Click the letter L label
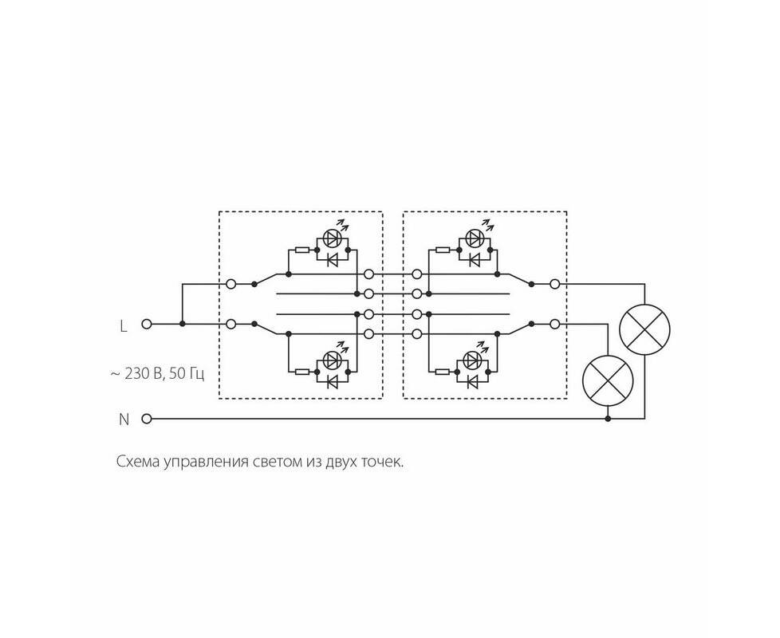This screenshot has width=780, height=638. [124, 326]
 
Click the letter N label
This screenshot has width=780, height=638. [124, 419]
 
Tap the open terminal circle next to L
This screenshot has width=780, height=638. [146, 324]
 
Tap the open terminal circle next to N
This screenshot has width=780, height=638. [146, 419]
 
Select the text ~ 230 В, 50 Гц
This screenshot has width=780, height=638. [157, 374]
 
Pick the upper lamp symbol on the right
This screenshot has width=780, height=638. [644, 329]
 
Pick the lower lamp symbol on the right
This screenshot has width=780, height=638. [608, 381]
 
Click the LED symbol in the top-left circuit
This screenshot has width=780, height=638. [332, 238]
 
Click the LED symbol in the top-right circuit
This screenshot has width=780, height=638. [474, 238]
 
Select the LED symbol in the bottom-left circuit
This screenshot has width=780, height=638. [332, 360]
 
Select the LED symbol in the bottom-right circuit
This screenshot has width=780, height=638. [473, 360]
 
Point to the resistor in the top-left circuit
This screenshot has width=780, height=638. [301, 250]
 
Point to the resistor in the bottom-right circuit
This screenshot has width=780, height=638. [442, 372]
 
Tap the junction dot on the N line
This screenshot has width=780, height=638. [608, 419]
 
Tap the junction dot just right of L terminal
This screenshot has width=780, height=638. [183, 324]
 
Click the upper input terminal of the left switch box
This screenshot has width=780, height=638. [230, 284]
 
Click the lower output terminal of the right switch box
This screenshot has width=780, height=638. [554, 324]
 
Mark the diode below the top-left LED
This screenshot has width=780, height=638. [332, 259]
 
